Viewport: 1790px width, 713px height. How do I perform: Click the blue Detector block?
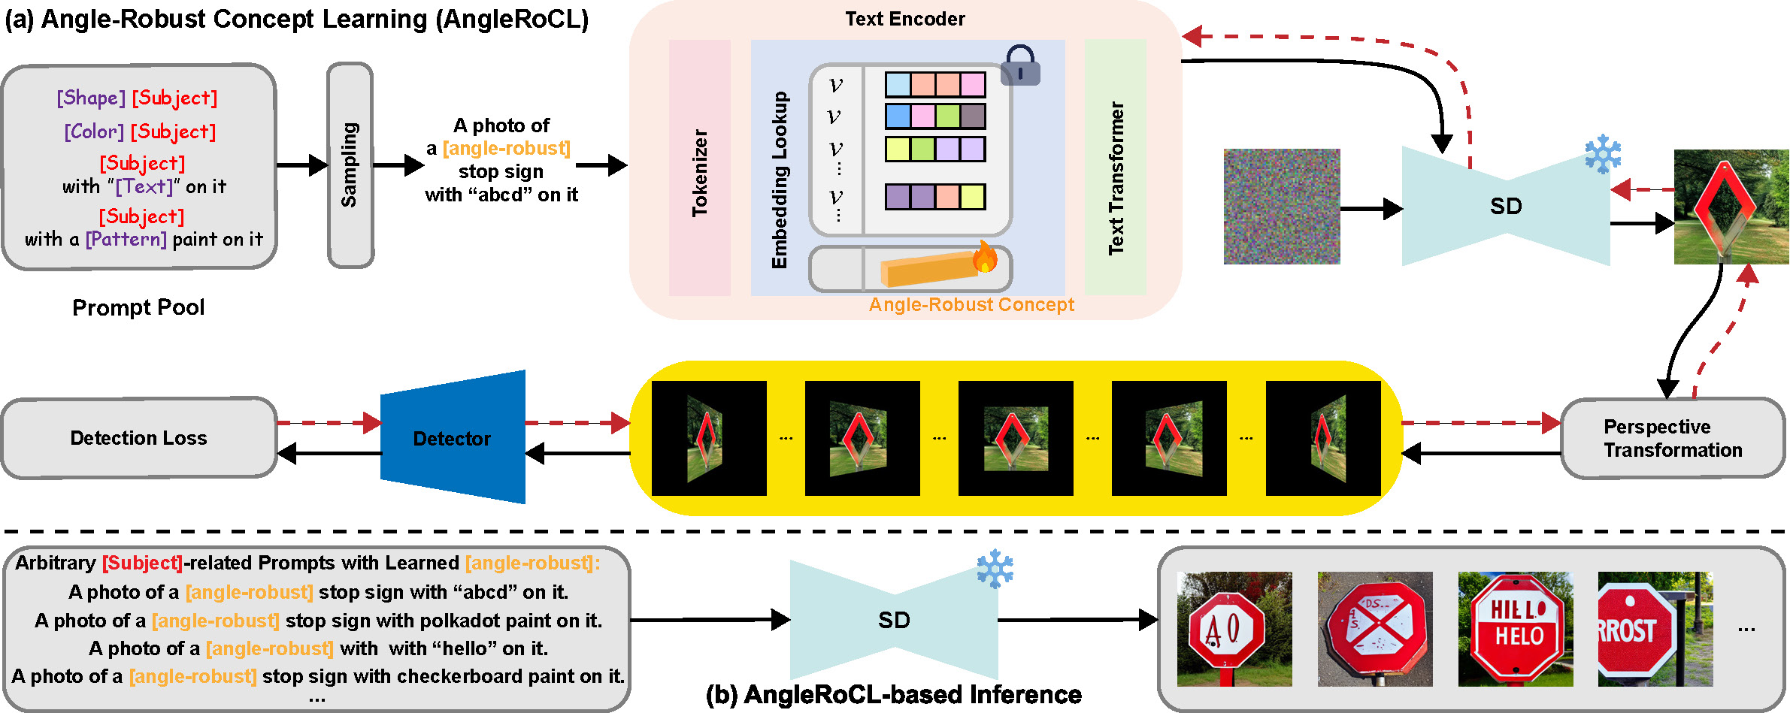coord(453,438)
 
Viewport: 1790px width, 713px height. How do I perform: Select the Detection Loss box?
coord(138,438)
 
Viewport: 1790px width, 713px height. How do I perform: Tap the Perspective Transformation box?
coord(1672,438)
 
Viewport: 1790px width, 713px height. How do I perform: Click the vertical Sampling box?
coord(350,165)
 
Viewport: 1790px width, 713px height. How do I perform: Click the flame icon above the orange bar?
coord(984,257)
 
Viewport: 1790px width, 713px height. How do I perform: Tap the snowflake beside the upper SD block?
coord(1602,154)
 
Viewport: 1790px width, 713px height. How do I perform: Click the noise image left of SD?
coord(1281,207)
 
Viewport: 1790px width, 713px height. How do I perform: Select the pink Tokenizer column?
coord(699,168)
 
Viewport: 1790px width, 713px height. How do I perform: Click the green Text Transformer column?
coord(1115,168)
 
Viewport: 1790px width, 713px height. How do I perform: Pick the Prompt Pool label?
coord(138,307)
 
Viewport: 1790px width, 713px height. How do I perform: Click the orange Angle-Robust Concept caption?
coord(971,304)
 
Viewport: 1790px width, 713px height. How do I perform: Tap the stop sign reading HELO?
coord(1515,629)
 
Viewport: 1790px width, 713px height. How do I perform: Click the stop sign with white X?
coord(1375,629)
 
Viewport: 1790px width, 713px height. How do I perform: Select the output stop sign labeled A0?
coord(1234,629)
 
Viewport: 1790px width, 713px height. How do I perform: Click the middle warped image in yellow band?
coord(1016,438)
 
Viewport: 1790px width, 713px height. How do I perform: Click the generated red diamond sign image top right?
coord(1731,207)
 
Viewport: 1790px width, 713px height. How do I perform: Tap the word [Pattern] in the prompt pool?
coord(126,239)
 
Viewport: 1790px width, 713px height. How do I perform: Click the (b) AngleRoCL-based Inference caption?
coord(893,694)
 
